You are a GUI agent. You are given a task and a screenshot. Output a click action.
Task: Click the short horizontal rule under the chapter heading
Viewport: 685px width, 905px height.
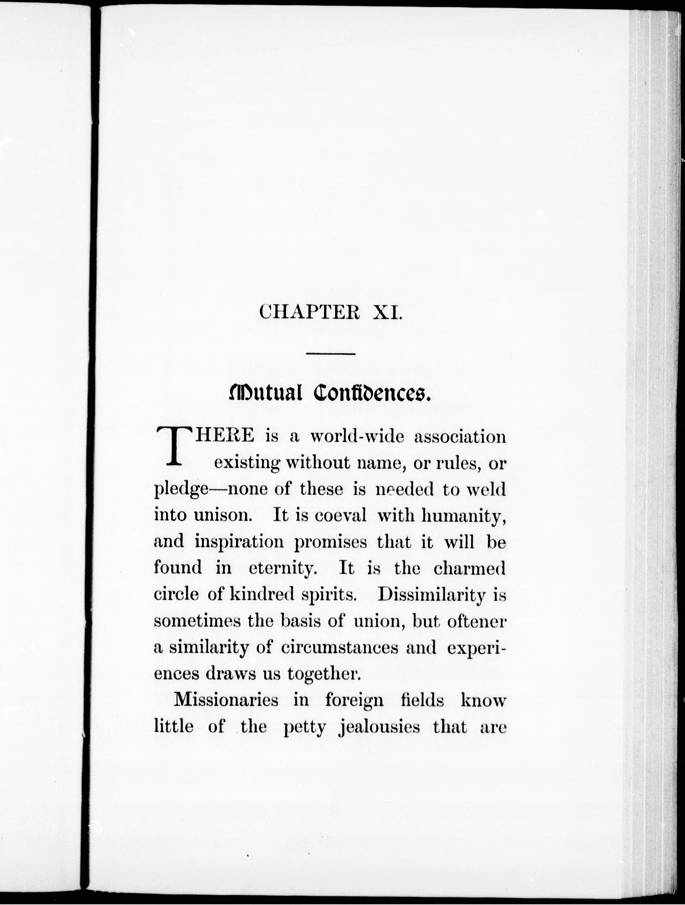pyautogui.click(x=331, y=353)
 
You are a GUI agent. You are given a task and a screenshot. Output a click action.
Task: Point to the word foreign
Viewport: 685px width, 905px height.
pyautogui.click(x=354, y=701)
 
